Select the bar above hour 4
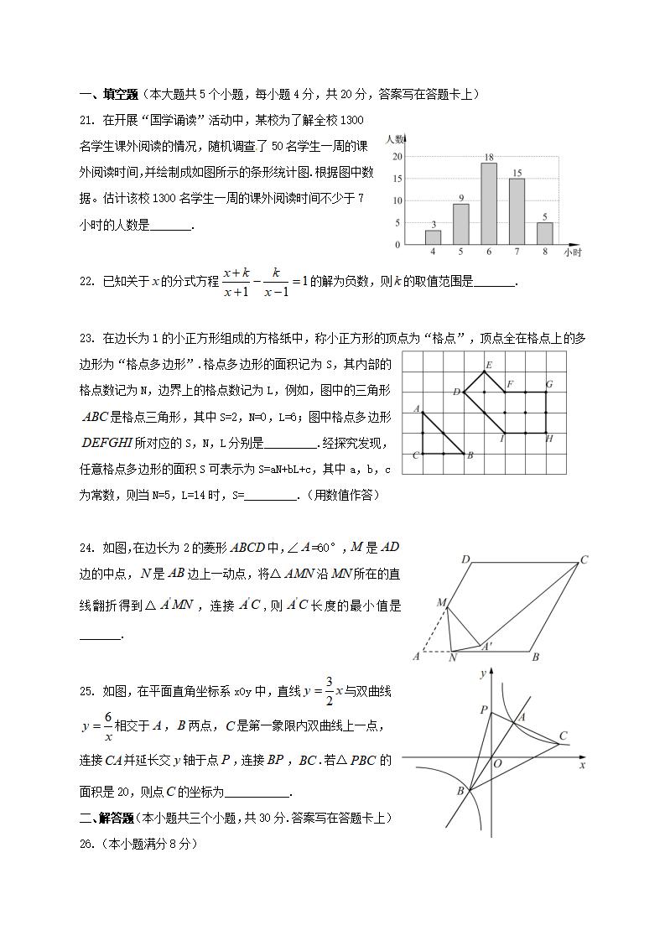coord(433,237)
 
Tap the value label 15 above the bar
coord(517,173)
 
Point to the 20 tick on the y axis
coord(397,157)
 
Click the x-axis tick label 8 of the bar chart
coord(544,252)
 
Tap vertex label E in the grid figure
coord(488,364)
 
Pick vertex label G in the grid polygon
coord(548,384)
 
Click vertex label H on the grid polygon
coord(549,439)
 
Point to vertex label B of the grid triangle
coord(470,455)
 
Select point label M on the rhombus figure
coord(440,602)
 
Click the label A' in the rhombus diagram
coord(486,647)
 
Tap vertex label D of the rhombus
coord(465,559)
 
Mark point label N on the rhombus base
coord(452,658)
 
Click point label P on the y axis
coord(483,710)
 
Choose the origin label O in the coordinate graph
coord(497,764)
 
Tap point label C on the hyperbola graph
coord(563,736)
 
